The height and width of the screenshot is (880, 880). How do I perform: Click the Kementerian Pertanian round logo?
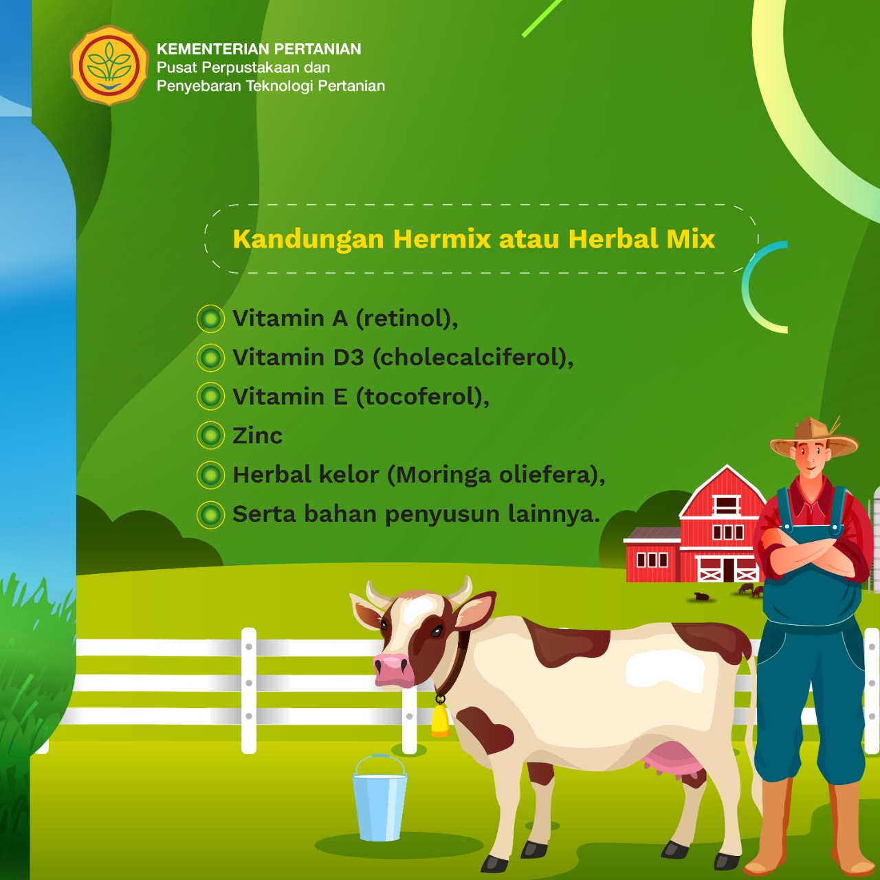click(109, 65)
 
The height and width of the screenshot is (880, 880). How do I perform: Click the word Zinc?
click(258, 435)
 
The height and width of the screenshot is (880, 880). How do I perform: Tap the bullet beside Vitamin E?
click(210, 396)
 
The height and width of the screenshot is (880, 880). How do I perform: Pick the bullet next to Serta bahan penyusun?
click(210, 515)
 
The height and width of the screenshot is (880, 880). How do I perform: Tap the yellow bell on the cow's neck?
click(440, 719)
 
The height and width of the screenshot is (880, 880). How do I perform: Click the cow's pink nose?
click(393, 670)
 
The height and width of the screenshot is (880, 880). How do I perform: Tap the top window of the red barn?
click(726, 504)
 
